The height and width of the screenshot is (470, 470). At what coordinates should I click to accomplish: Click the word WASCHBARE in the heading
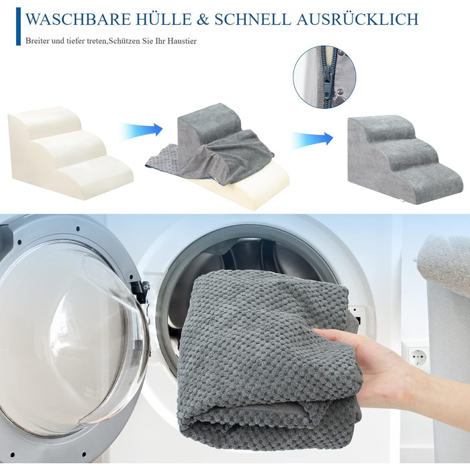(x=79, y=19)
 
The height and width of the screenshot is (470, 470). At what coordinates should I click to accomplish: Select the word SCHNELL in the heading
(x=252, y=19)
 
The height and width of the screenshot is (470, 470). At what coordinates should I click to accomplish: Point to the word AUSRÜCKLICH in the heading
(x=357, y=18)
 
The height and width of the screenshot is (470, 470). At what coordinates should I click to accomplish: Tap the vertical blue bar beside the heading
(x=18, y=26)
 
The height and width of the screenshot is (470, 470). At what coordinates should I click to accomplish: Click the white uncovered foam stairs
(x=70, y=151)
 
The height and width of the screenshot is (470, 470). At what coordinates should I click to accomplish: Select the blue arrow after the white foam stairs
(x=141, y=131)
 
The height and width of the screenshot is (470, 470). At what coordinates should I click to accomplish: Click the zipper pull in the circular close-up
(x=328, y=77)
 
